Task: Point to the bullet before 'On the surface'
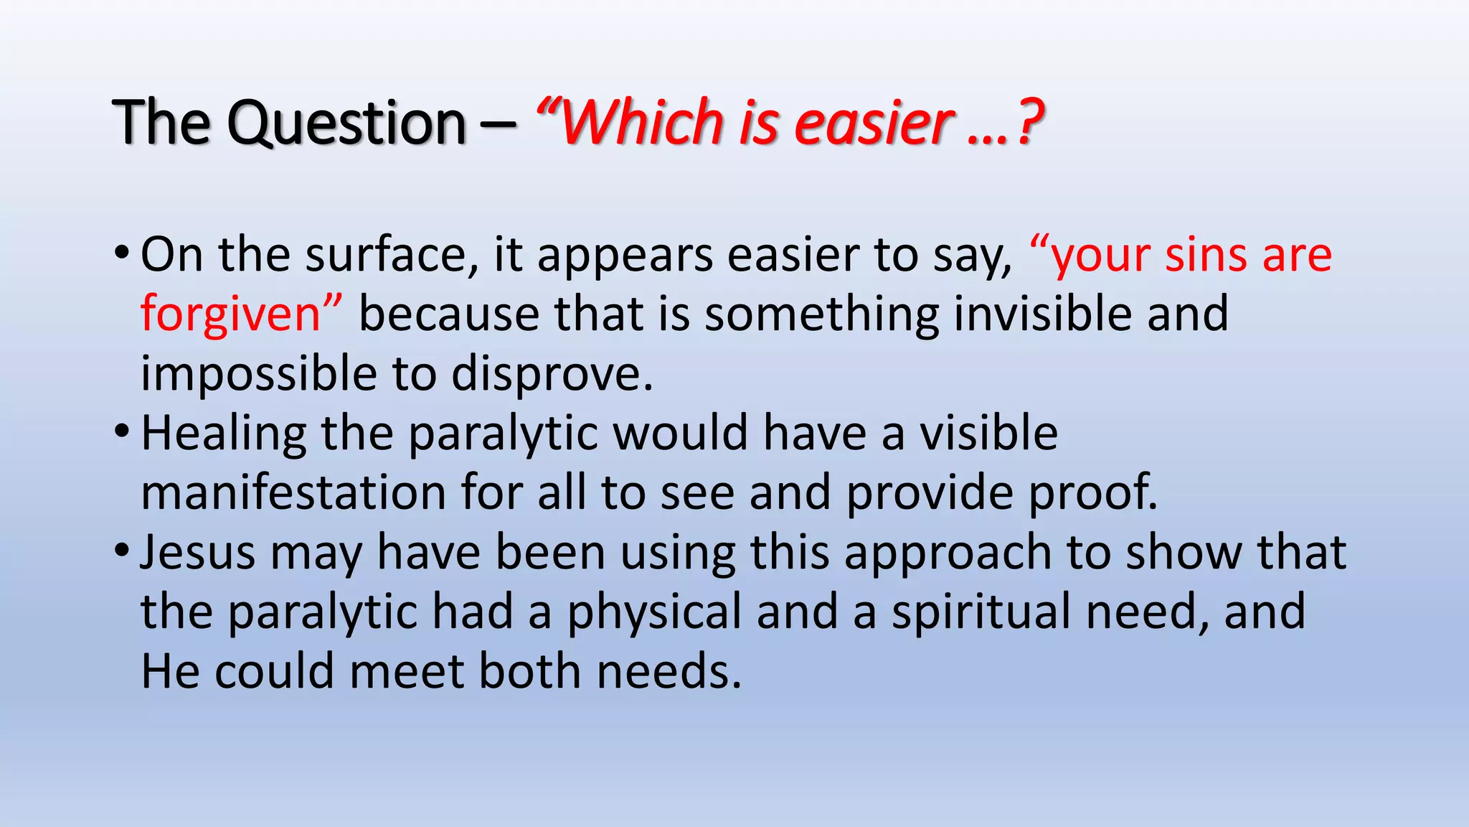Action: [x=122, y=253]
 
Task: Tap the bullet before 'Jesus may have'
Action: [x=122, y=551]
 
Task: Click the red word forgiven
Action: [x=230, y=314]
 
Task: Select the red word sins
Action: [x=1205, y=255]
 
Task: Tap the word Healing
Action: [x=223, y=434]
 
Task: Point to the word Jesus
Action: [x=197, y=552]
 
